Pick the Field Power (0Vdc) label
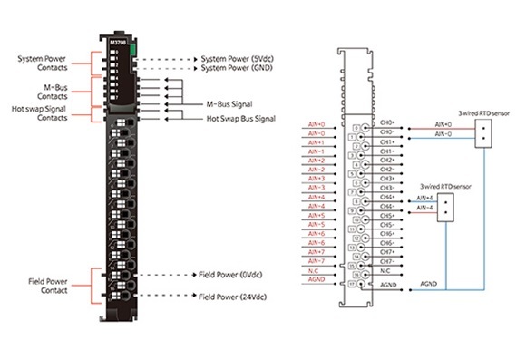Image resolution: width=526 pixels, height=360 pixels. pos(232,274)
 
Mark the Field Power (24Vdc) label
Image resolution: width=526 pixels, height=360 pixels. pos(234,296)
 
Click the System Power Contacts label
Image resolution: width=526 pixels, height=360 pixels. pos(42,63)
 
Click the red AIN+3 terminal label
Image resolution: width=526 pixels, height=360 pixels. pos(316,179)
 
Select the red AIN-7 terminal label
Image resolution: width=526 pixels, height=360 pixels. pos(316,261)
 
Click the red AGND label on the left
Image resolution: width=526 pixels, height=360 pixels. pos(317,280)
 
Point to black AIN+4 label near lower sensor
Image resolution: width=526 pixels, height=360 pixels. pos(425,198)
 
